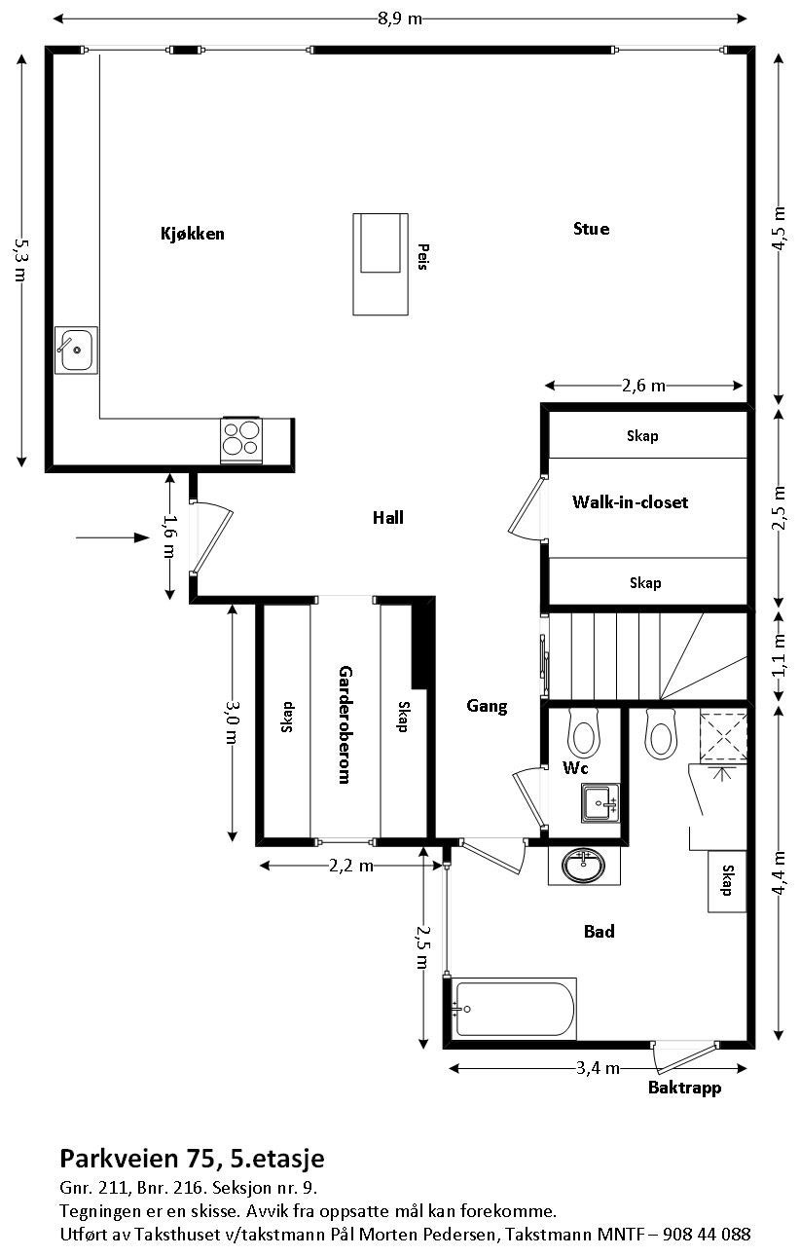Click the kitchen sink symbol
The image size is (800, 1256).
click(75, 350)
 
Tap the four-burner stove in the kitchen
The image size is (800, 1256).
click(242, 439)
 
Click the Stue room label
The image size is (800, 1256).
click(591, 229)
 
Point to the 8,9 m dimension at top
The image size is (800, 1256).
click(400, 19)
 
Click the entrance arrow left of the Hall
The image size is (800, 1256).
click(107, 536)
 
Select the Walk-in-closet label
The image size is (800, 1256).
click(630, 502)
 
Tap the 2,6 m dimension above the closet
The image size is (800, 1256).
click(643, 386)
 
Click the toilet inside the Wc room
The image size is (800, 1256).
click(584, 736)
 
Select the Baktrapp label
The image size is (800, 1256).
click(685, 1088)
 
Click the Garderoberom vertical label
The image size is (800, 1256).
click(344, 724)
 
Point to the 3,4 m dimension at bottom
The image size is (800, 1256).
click(598, 1068)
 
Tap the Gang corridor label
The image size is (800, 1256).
click(487, 707)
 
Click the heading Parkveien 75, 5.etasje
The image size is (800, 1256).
click(192, 1159)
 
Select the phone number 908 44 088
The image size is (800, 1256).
click(707, 1235)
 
